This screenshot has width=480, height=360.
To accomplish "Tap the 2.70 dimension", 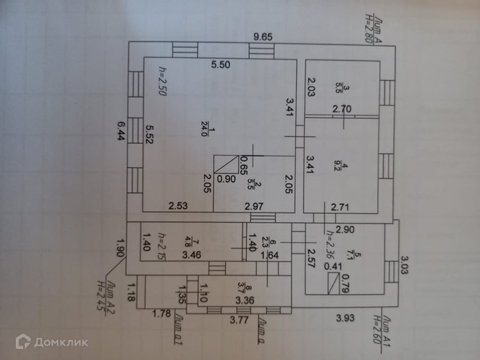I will click(x=342, y=108).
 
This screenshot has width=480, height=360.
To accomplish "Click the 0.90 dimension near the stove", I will click(x=226, y=179).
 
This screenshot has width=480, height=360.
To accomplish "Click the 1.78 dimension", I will click(x=161, y=315).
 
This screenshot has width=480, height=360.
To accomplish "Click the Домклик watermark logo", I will click(x=51, y=341).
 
